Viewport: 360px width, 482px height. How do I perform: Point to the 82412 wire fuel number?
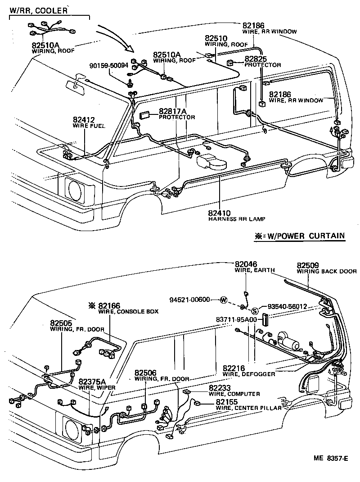click(84, 120)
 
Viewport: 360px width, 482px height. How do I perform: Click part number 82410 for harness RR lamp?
click(219, 213)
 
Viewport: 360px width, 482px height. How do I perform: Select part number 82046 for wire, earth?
click(246, 264)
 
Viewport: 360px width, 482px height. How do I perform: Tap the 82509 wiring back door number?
click(308, 265)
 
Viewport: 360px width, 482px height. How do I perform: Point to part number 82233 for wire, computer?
click(220, 387)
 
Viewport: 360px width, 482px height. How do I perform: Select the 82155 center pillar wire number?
click(227, 401)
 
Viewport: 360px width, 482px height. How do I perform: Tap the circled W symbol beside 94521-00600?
click(224, 300)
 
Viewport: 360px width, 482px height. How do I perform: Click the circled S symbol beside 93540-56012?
click(254, 310)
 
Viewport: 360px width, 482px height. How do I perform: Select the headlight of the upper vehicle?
click(74, 189)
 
